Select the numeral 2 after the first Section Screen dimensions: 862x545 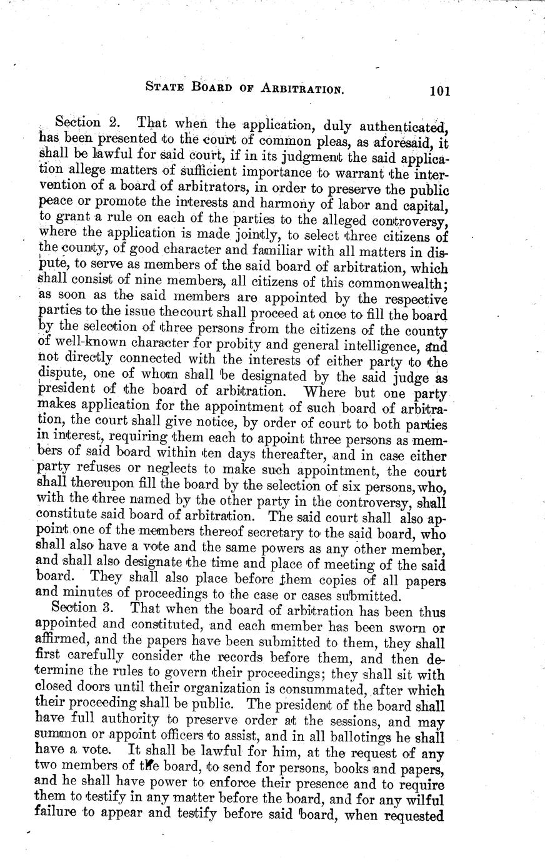122,121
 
